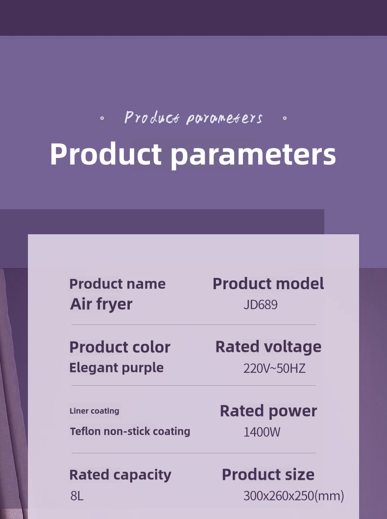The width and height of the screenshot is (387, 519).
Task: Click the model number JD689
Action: [260, 304]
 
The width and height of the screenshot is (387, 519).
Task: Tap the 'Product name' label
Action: [118, 284]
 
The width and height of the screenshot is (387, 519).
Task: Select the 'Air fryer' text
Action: [101, 304]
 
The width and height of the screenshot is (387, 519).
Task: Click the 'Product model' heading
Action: [268, 284]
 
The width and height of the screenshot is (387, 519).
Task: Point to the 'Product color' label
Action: [120, 347]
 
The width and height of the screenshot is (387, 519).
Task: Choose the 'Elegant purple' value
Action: [117, 368]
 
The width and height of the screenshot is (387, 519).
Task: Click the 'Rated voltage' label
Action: [268, 347]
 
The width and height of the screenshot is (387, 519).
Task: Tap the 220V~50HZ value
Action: [274, 369]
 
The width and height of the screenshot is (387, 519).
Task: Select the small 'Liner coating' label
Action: [94, 411]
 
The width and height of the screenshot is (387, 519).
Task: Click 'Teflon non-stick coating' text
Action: [130, 431]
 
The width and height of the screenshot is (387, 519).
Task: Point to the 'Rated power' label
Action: [268, 411]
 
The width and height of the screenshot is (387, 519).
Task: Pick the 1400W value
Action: [262, 432]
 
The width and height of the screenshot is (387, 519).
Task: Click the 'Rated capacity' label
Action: [121, 475]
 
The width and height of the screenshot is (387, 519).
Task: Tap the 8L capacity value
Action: [77, 496]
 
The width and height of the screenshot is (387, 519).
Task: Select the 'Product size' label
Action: [268, 474]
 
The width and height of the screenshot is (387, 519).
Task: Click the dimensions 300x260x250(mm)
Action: [294, 496]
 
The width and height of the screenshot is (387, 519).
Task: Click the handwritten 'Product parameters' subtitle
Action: [193, 118]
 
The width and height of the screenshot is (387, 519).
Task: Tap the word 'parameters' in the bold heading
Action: [253, 155]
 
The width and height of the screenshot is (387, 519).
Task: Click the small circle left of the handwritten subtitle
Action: [102, 118]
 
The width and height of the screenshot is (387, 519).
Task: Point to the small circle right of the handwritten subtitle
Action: [285, 118]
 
